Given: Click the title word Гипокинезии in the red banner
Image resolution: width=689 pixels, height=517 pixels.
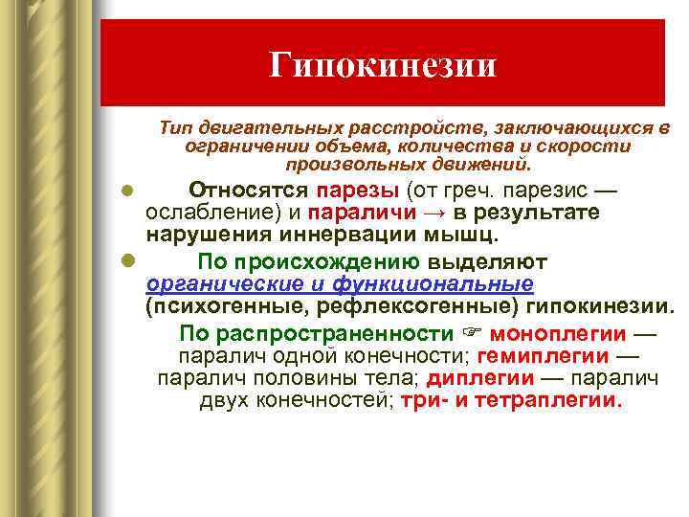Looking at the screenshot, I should pos(383,65).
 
